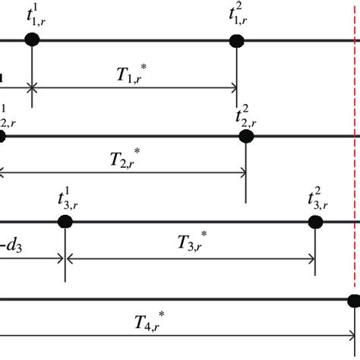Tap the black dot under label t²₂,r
245,136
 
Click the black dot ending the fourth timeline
354,300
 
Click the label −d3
11,245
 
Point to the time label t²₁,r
242,14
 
